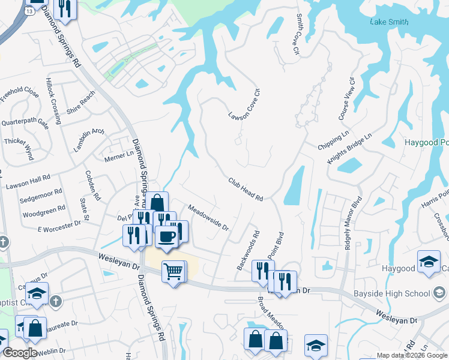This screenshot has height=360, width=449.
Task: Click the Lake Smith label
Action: click(x=389, y=22)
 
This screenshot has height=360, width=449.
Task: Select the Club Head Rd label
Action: click(x=246, y=189)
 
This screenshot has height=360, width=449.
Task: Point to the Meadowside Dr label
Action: click(x=208, y=218)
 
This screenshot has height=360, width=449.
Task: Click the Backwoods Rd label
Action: click(x=248, y=250)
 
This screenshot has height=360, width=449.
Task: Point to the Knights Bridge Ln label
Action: click(x=350, y=150)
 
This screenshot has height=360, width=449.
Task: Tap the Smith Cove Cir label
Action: click(x=295, y=35)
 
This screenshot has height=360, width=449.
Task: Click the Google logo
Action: click(x=20, y=353)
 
